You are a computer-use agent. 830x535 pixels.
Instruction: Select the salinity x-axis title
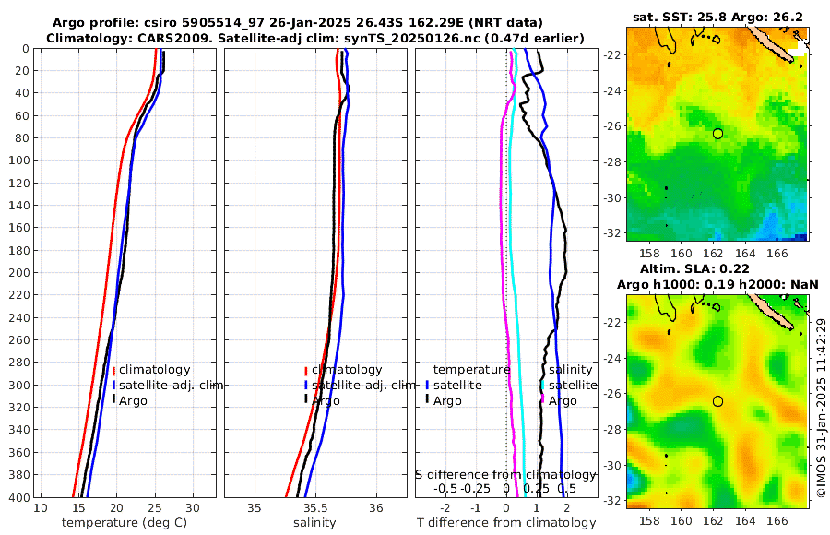click(x=314, y=523)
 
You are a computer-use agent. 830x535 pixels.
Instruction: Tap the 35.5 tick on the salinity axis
click(x=315, y=508)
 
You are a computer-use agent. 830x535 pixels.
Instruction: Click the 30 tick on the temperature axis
click(x=192, y=508)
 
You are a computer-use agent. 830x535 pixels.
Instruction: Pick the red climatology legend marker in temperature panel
click(x=113, y=370)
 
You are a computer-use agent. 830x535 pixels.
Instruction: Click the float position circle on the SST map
click(x=717, y=134)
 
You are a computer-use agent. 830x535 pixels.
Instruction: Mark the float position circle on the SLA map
click(x=717, y=401)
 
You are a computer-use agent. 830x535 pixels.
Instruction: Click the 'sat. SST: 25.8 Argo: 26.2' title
click(x=717, y=18)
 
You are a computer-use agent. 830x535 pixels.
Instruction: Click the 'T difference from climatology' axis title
click(x=506, y=523)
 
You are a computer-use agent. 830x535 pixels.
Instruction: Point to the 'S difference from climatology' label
click(x=506, y=474)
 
